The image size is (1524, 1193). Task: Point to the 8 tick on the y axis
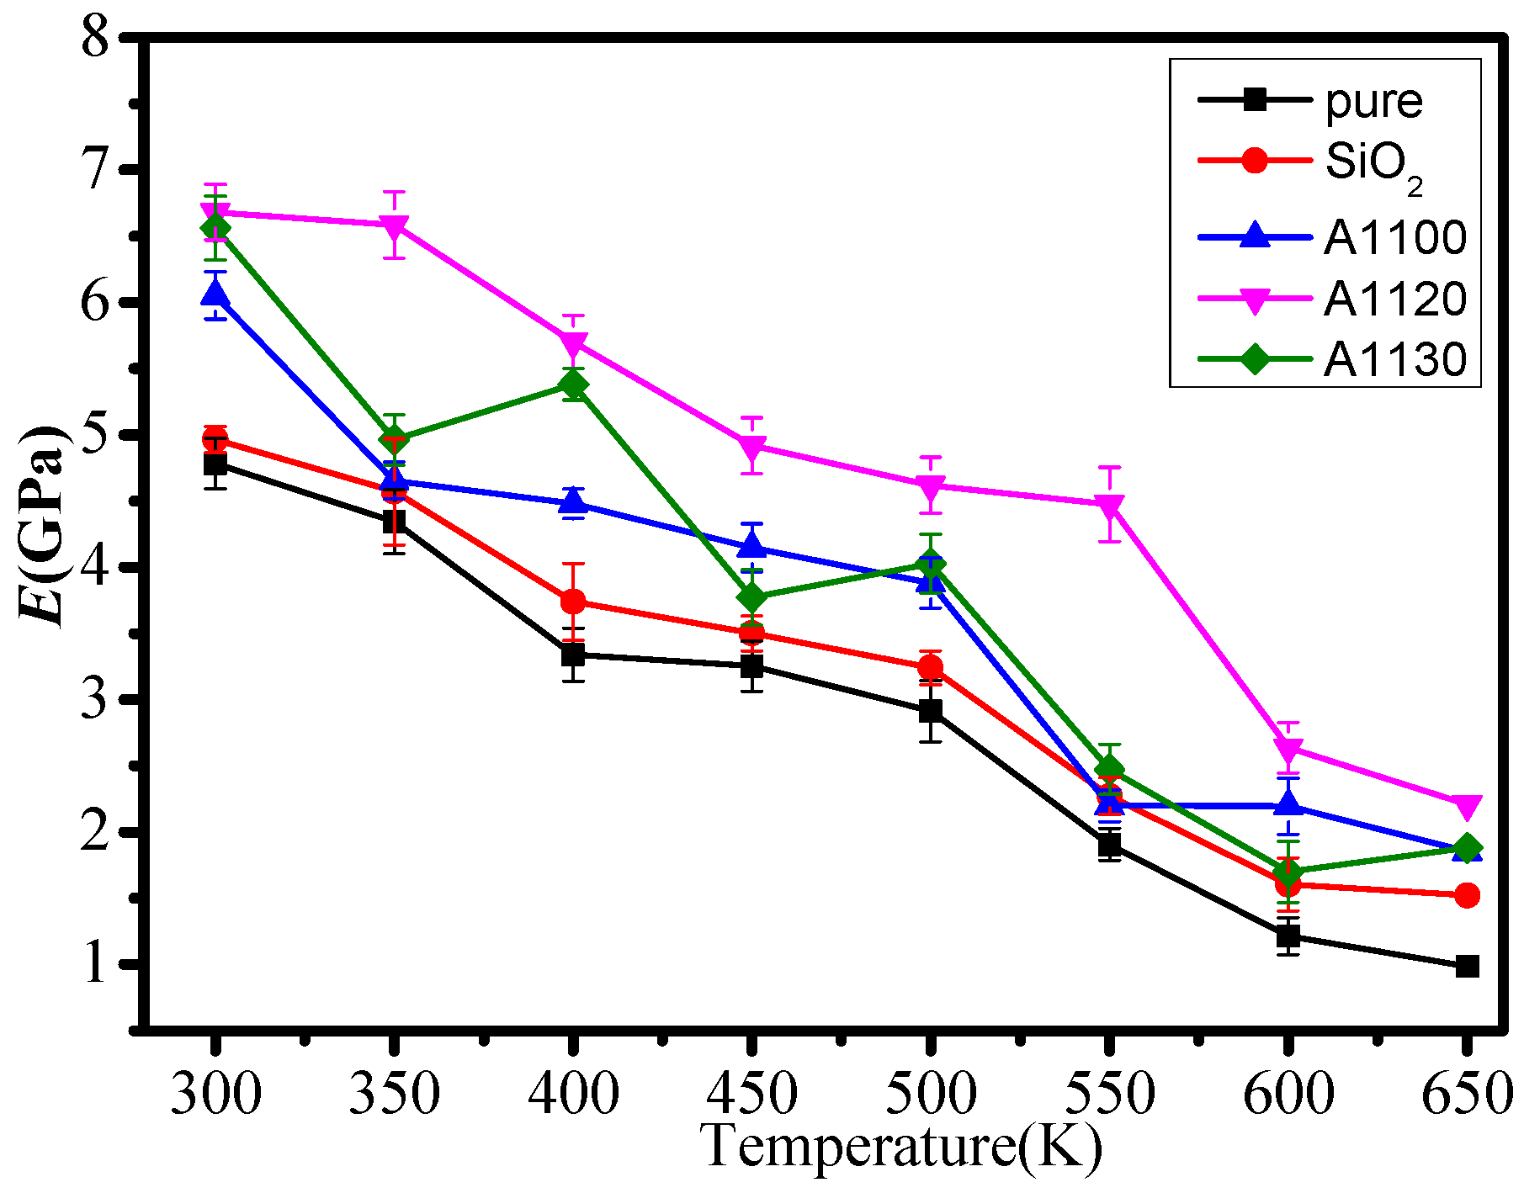[95, 38]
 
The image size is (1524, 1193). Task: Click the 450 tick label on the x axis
[751, 1095]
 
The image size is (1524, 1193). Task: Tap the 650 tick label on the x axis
[1467, 1095]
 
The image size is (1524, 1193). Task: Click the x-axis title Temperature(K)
[900, 1147]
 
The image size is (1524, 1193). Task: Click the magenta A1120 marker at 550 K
[1110, 506]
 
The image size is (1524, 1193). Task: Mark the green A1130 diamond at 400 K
[573, 385]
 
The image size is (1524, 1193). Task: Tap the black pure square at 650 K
[1467, 966]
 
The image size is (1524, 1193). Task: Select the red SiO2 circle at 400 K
[573, 602]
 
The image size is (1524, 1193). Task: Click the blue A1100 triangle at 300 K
[215, 293]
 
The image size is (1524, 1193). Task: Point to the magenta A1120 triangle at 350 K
[394, 226]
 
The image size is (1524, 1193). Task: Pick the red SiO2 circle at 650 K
[1467, 895]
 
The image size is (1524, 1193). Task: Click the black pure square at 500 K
[931, 711]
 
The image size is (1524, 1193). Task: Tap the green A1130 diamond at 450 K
[751, 597]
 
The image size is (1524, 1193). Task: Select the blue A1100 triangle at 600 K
[1288, 805]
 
